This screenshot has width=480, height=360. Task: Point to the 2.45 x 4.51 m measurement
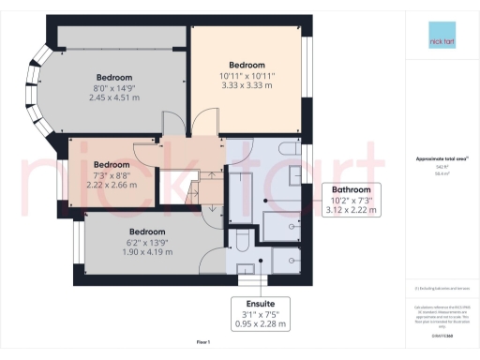(113, 97)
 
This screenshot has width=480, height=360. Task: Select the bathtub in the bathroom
(282, 226)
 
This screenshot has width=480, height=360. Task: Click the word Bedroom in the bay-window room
(113, 76)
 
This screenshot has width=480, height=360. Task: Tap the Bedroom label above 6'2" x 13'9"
(146, 232)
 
